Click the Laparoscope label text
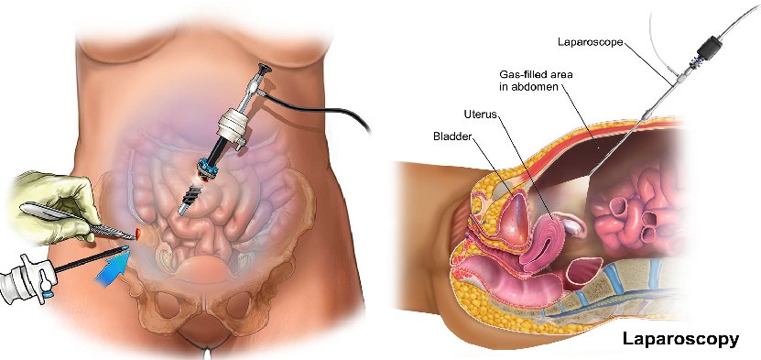590,41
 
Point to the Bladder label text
453,136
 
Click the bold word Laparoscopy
679,339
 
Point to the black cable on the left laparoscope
321,103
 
